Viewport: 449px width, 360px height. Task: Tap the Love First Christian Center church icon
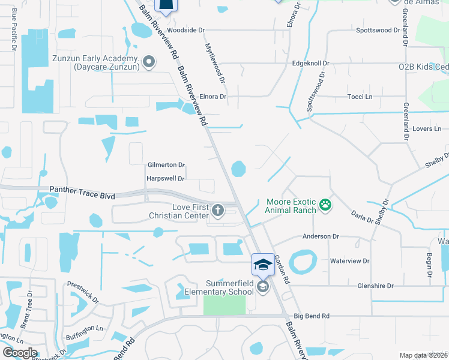pyautogui.click(x=217, y=210)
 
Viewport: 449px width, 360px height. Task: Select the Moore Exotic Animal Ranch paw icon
pyautogui.click(x=325, y=205)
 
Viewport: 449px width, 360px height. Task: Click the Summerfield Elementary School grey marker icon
pyautogui.click(x=263, y=287)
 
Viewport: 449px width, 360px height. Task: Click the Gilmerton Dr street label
pyautogui.click(x=166, y=165)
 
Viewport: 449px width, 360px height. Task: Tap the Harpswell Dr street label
pyautogui.click(x=166, y=178)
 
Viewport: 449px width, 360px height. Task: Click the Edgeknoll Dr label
pyautogui.click(x=310, y=63)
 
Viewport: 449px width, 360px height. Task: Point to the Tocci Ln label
pyautogui.click(x=360, y=97)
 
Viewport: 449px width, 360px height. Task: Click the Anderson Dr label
pyautogui.click(x=316, y=237)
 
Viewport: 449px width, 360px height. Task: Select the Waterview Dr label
pyautogui.click(x=350, y=262)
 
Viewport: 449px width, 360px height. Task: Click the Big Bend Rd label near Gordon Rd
pyautogui.click(x=312, y=316)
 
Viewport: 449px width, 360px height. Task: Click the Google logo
pyautogui.click(x=20, y=353)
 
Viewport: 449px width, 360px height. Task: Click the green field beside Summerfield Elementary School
pyautogui.click(x=224, y=304)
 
